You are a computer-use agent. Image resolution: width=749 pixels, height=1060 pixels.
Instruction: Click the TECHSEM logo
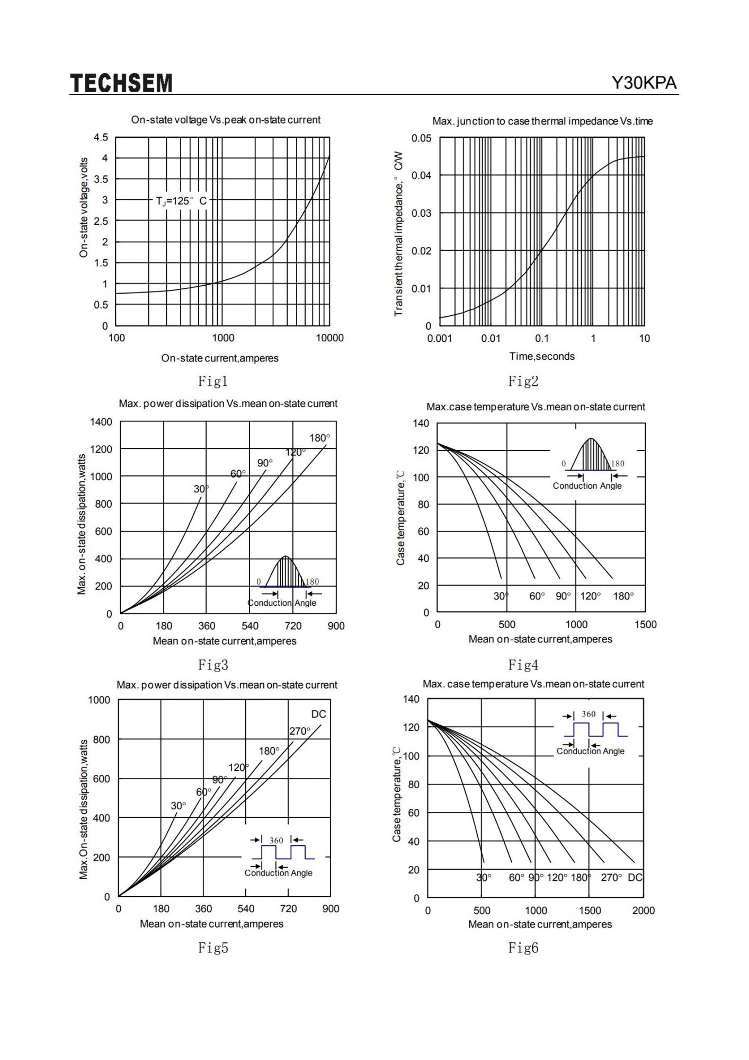coord(121,83)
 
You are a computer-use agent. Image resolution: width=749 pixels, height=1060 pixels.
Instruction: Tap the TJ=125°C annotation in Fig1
coord(181,201)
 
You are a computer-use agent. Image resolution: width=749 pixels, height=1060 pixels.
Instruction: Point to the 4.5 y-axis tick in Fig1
coord(101,138)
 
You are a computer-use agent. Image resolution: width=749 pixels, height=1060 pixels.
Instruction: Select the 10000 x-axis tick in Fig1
coord(329,338)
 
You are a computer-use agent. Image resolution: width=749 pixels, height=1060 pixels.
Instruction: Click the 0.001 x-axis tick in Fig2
coord(439,338)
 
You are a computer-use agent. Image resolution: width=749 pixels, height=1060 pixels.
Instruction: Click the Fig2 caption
coord(523,381)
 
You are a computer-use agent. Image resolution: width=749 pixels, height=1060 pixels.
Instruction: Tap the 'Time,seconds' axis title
coord(542,356)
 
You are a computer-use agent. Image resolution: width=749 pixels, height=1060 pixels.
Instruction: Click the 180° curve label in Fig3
coord(319,438)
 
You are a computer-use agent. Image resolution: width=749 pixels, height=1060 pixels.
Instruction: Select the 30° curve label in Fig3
coord(201,489)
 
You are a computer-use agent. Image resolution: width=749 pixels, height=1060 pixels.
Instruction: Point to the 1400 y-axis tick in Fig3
coord(101,422)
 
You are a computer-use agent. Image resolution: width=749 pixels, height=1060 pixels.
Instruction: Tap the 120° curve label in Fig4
coord(590,596)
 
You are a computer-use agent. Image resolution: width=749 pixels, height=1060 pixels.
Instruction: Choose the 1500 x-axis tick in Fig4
coord(645,624)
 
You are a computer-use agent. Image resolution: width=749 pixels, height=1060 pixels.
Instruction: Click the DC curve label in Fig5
coord(319,714)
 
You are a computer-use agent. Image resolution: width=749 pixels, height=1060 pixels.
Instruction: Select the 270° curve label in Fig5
coord(300,731)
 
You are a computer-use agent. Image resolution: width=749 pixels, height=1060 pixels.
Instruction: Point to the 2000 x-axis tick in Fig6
coord(644,911)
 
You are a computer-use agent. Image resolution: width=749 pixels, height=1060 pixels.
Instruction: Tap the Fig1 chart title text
coord(226,120)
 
